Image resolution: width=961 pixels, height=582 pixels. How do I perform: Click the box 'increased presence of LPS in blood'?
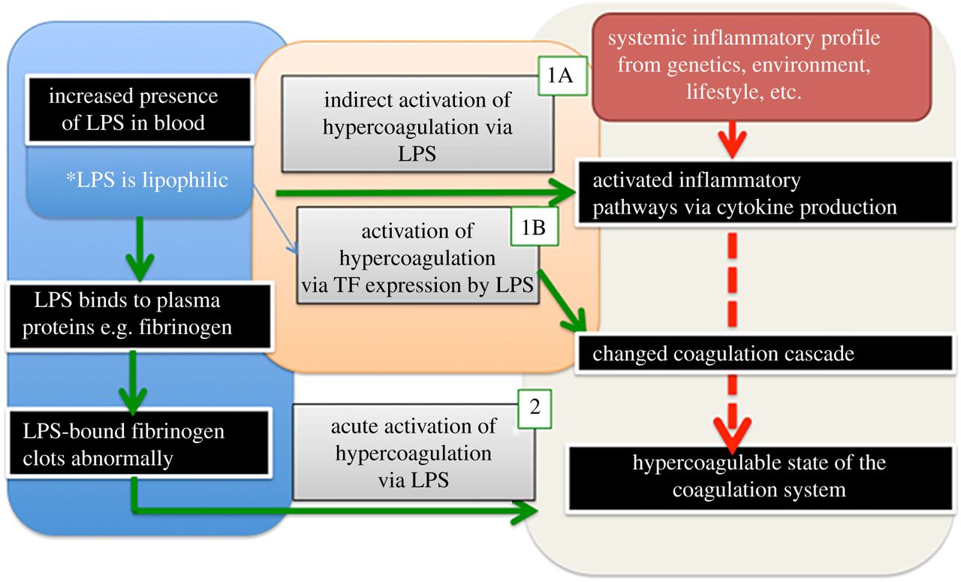tap(133, 109)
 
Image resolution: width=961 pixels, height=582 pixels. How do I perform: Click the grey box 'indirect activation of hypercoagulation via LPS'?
tap(417, 127)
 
